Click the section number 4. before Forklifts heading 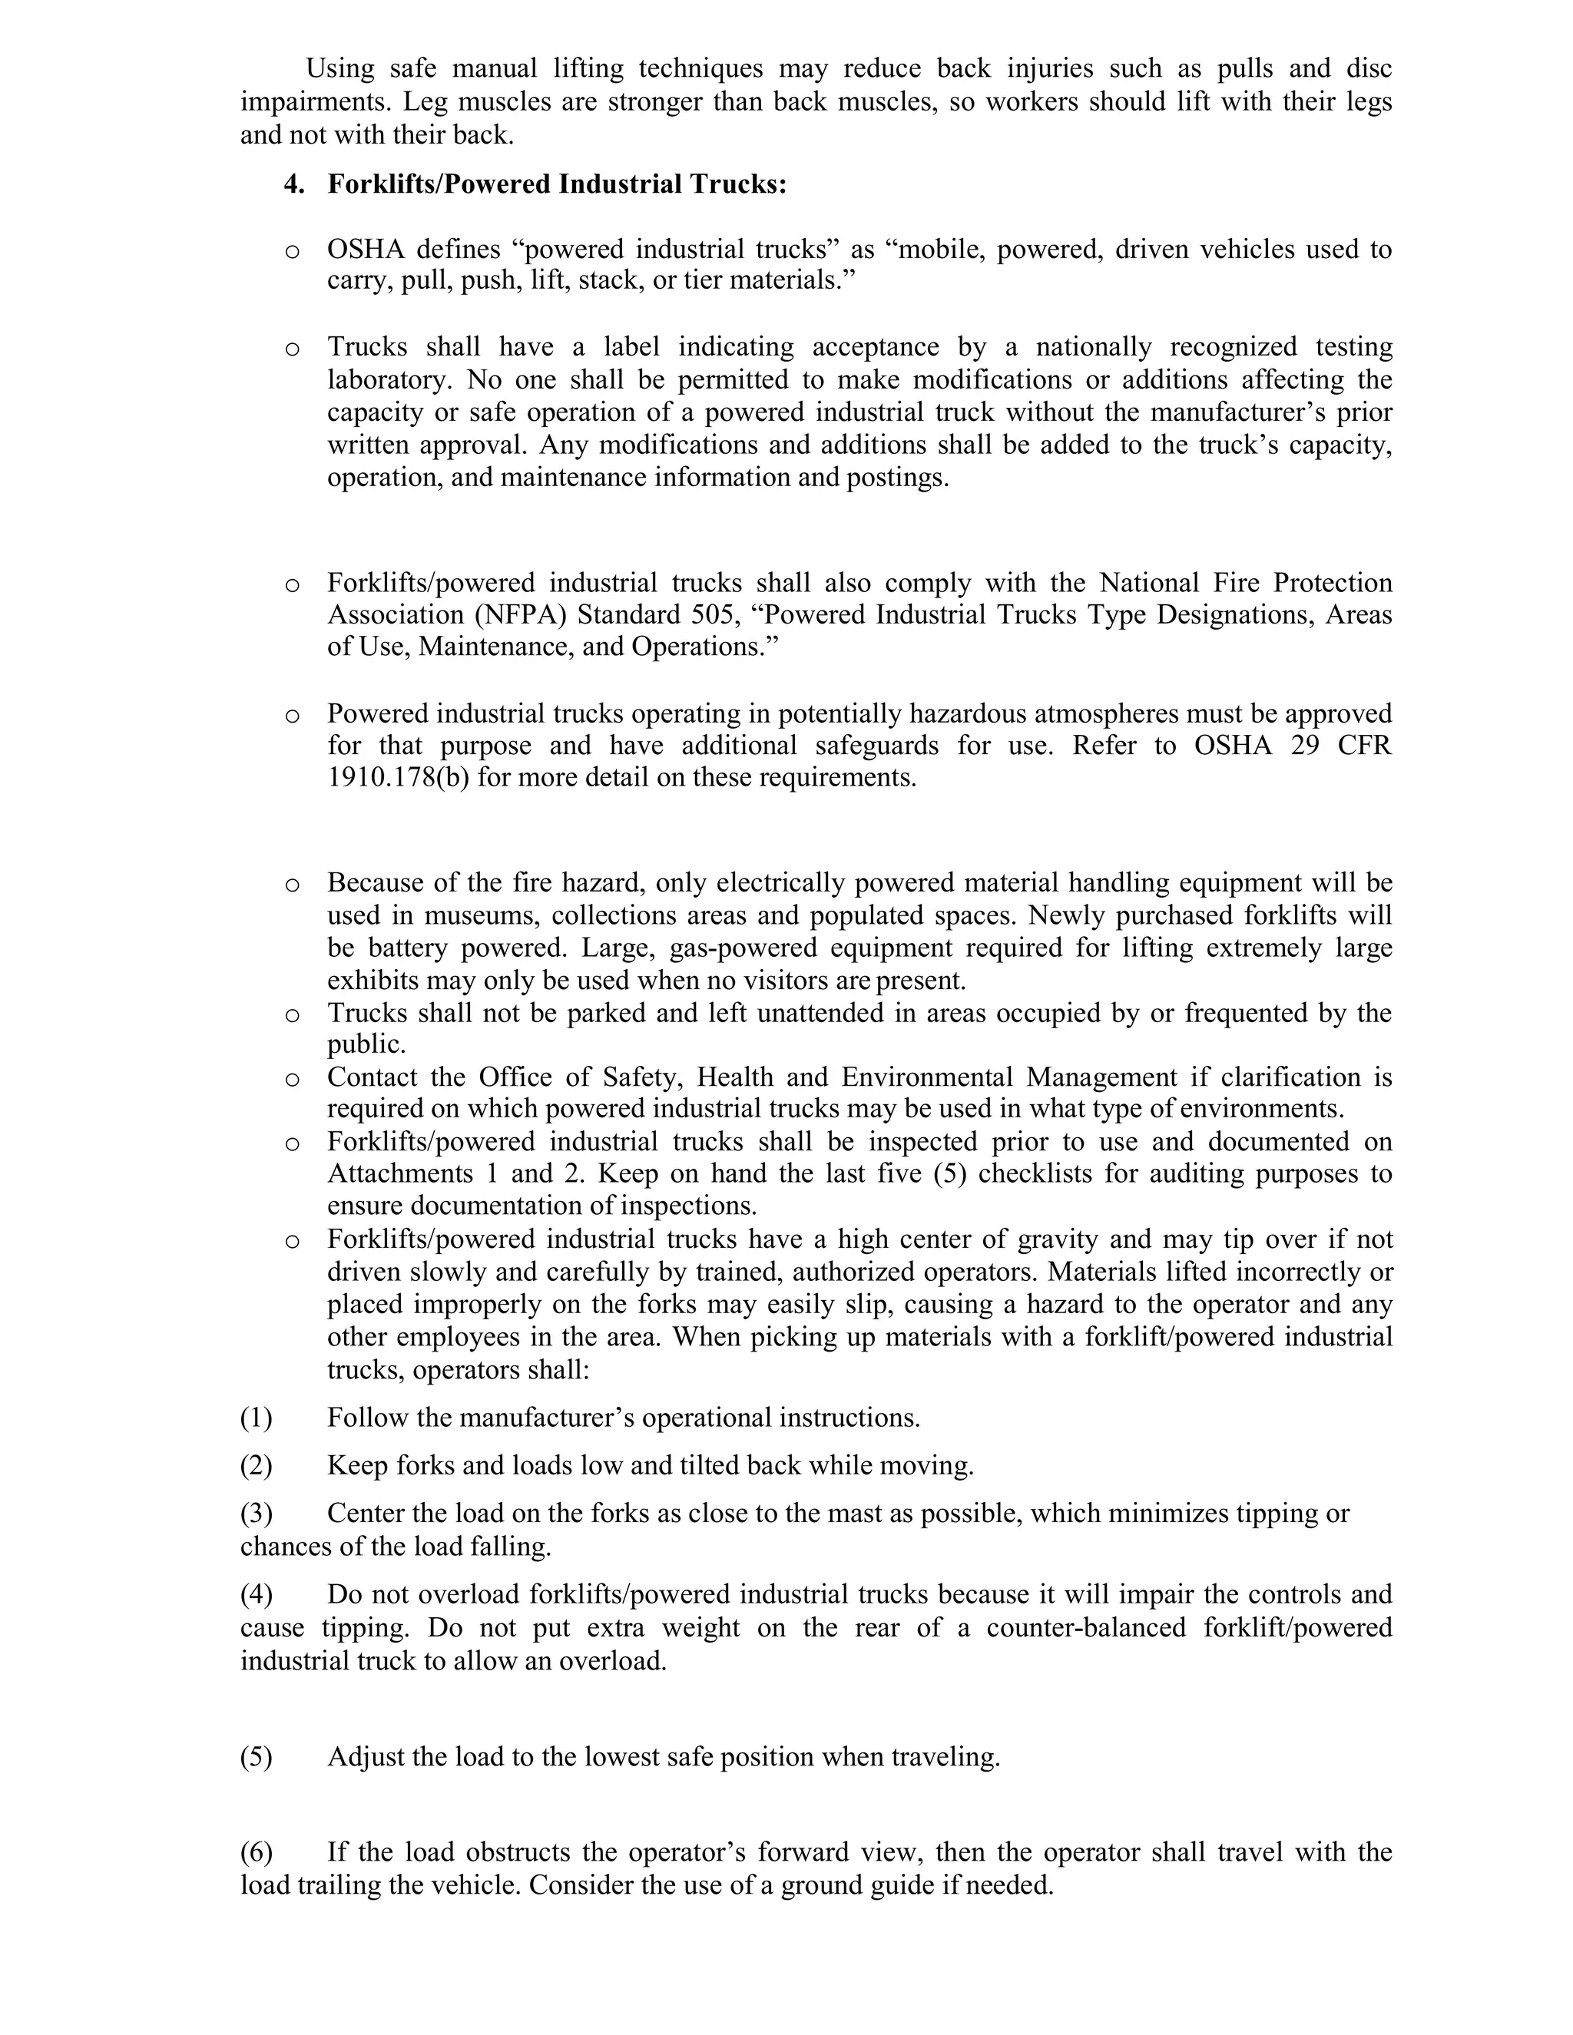[x=293, y=184]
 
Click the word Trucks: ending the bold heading [x=738, y=184]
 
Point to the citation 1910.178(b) [x=398, y=777]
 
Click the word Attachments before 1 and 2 [x=392, y=1173]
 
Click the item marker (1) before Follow [x=257, y=1418]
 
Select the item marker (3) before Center [x=257, y=1514]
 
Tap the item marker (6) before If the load [x=257, y=1851]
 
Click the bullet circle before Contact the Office [x=293, y=1079]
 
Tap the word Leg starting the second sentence [x=424, y=101]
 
